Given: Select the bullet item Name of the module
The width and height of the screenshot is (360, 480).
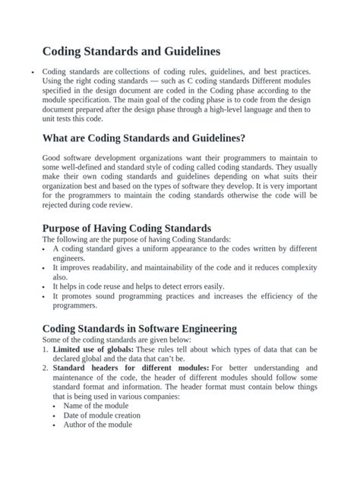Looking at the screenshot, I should [x=96, y=406].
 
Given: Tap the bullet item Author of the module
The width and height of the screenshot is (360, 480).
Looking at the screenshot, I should [x=98, y=425].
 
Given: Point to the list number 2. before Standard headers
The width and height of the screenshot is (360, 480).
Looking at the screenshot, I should [x=46, y=368].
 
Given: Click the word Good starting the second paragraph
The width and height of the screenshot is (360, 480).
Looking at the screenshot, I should [x=53, y=158].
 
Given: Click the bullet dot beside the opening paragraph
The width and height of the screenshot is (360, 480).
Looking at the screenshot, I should [x=32, y=72].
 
